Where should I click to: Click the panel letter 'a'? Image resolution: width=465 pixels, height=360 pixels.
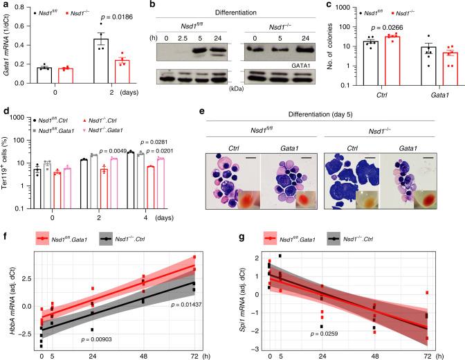click(x=4, y=6)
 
